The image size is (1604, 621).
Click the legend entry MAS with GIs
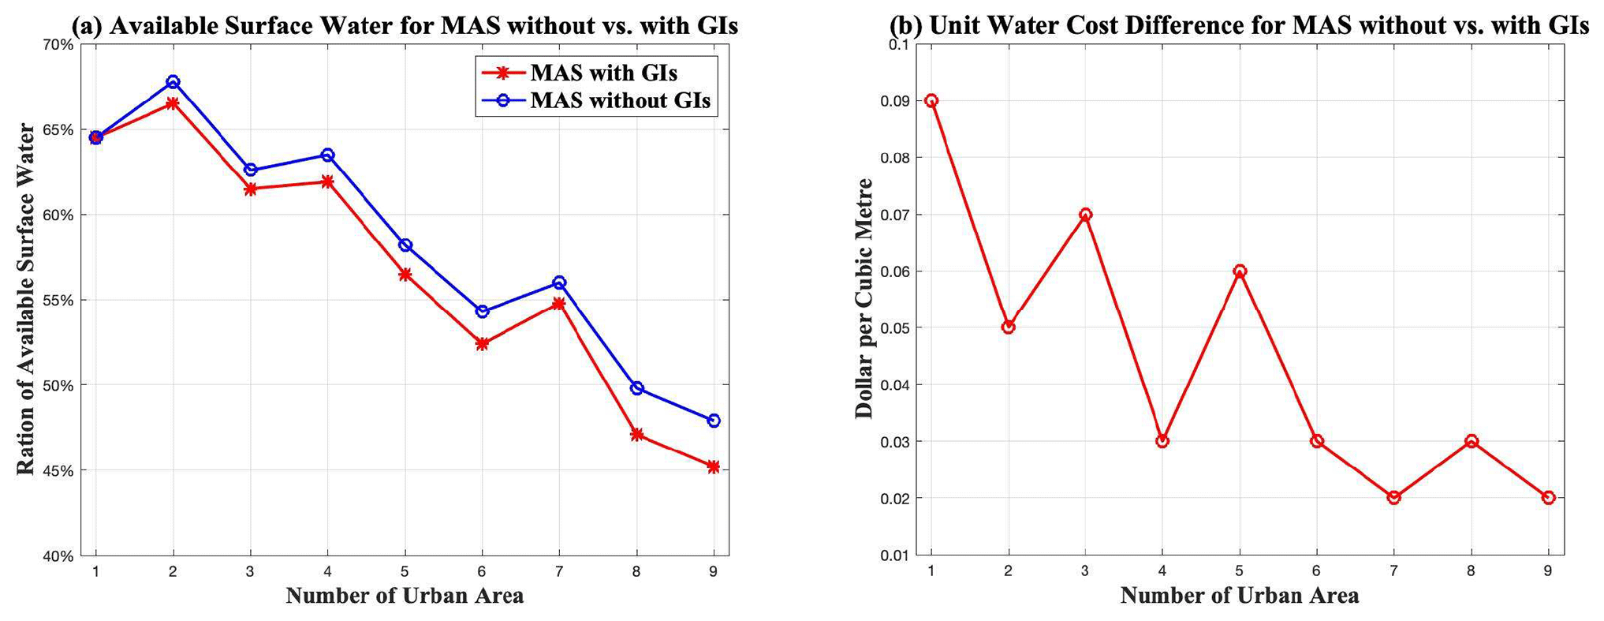603,73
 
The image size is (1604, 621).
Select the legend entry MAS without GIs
620,101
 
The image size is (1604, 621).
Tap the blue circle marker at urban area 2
173,82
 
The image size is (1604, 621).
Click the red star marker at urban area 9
714,467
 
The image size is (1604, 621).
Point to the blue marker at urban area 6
482,312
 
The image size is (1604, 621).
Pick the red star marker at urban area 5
405,275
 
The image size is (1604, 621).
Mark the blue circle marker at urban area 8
636,388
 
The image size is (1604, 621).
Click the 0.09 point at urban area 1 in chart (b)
931,101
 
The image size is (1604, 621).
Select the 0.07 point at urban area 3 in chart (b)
1085,215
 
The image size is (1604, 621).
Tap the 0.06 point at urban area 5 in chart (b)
1240,271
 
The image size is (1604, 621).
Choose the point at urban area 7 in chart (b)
1393,498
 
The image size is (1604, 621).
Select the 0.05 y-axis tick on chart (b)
894,328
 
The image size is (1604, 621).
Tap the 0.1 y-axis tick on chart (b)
899,45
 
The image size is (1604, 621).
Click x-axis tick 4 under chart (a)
327,571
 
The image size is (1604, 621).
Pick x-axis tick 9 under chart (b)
1548,571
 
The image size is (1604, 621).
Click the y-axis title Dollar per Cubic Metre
865,298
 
